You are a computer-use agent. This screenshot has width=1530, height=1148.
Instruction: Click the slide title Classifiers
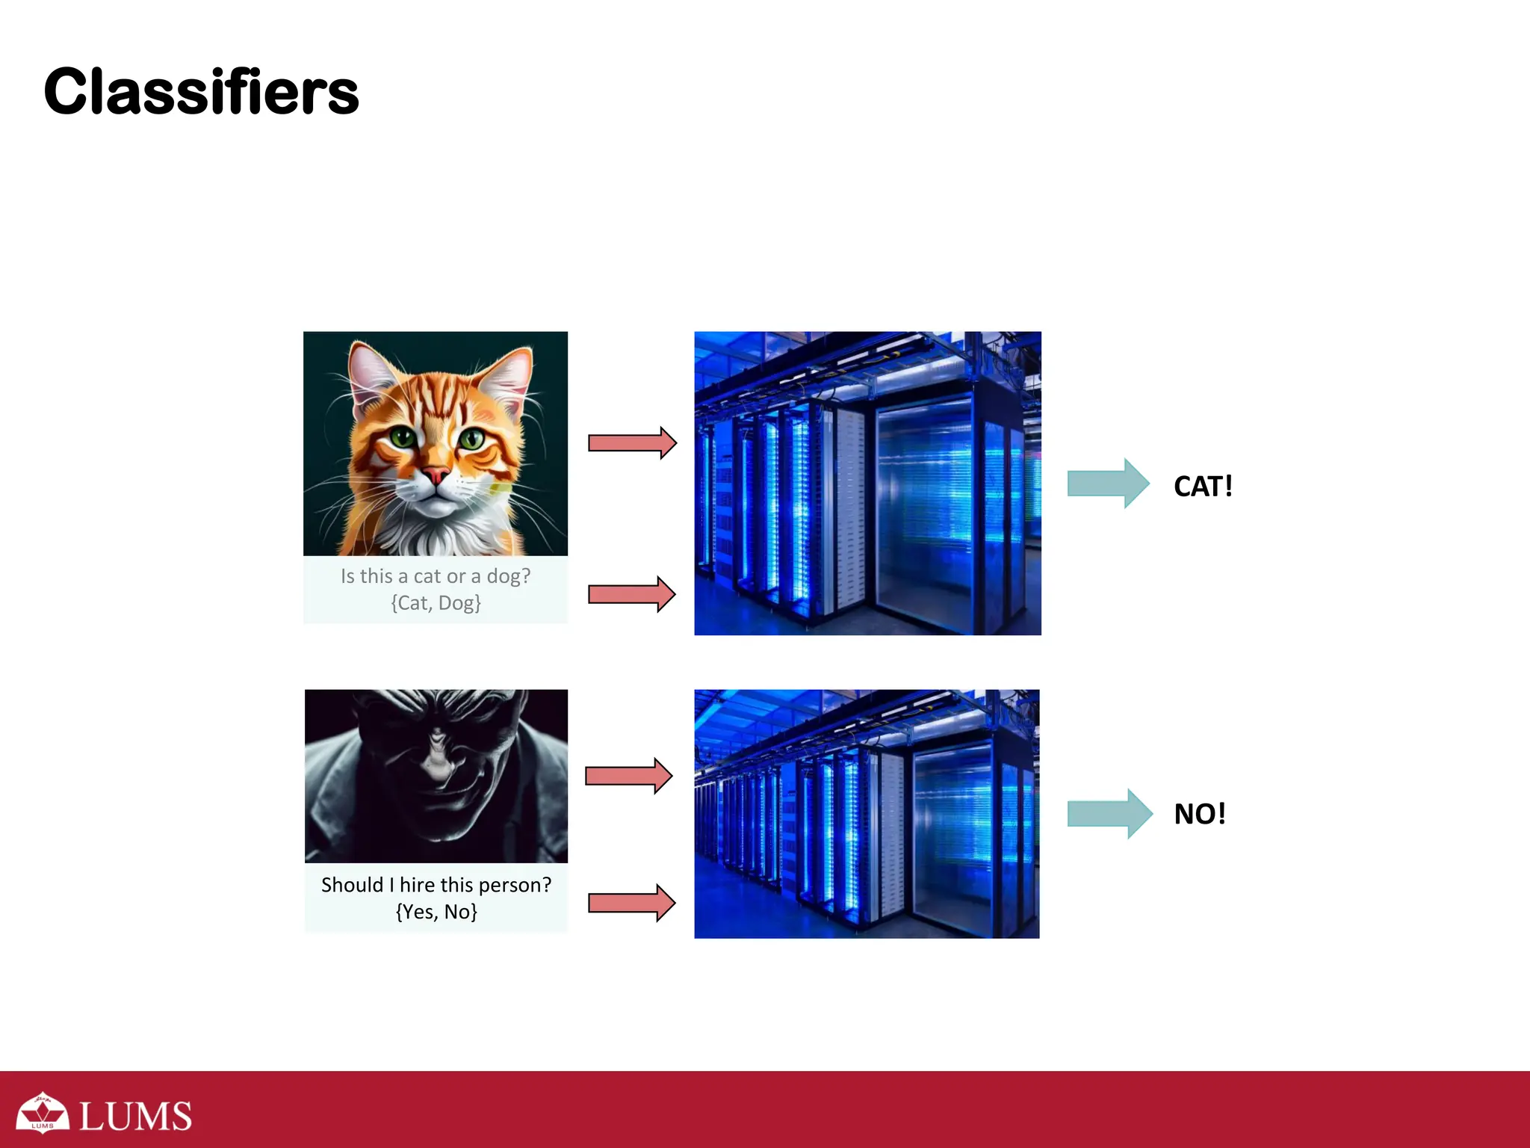pyautogui.click(x=201, y=92)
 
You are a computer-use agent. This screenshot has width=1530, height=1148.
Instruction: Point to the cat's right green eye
pyautogui.click(x=471, y=439)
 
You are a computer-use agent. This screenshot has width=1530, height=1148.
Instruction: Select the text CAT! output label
pyautogui.click(x=1203, y=487)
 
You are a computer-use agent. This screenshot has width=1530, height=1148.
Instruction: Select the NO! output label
pyautogui.click(x=1200, y=814)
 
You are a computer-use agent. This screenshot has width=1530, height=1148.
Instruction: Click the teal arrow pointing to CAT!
pyautogui.click(x=1108, y=484)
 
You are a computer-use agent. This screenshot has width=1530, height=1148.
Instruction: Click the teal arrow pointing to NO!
pyautogui.click(x=1109, y=814)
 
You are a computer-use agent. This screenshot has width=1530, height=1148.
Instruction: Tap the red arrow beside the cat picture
pyautogui.click(x=632, y=443)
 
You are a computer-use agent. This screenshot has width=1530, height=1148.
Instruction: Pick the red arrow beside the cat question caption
pyautogui.click(x=632, y=594)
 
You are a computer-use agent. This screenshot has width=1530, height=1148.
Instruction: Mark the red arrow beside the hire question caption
pyautogui.click(x=632, y=903)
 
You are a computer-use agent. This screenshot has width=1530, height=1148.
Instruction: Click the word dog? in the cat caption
pyautogui.click(x=509, y=576)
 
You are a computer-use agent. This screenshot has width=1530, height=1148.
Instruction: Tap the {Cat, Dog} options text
pyautogui.click(x=436, y=603)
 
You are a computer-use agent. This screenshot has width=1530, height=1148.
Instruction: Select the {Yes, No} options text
pyautogui.click(x=436, y=912)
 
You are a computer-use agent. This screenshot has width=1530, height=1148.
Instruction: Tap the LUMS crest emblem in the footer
pyautogui.click(x=43, y=1113)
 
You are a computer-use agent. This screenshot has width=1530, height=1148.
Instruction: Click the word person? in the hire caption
pyautogui.click(x=515, y=885)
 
